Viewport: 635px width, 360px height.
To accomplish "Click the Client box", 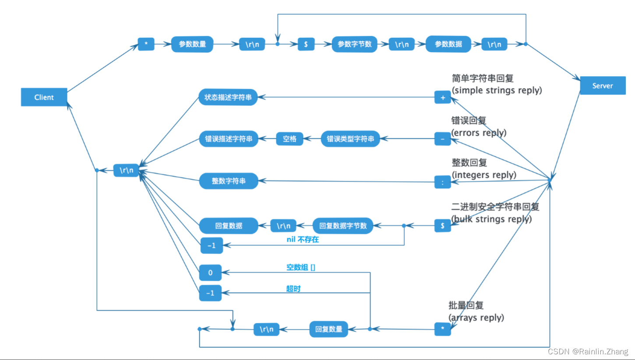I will tap(44, 97).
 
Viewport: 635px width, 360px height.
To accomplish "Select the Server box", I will tap(603, 86).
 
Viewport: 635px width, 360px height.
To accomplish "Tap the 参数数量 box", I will tap(192, 44).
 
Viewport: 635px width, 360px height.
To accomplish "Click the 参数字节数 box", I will tap(354, 44).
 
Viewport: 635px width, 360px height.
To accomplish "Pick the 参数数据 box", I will tap(448, 44).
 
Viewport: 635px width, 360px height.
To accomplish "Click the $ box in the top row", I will tap(306, 44).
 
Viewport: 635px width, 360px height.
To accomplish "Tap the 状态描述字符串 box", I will tap(228, 97).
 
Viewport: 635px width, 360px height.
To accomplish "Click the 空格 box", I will tap(289, 139).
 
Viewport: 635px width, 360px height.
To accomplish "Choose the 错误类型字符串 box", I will tap(350, 139).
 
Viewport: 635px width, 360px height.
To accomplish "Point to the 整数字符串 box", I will tap(228, 181).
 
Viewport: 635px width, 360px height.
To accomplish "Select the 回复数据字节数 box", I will tap(343, 226).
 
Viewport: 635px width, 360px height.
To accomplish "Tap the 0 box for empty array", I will tap(210, 273).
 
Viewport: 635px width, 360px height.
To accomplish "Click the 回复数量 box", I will tap(328, 329).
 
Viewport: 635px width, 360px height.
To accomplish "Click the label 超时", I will tap(293, 289).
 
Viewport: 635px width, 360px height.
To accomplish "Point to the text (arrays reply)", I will tap(476, 318).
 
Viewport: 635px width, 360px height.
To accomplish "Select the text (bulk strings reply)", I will tap(491, 219).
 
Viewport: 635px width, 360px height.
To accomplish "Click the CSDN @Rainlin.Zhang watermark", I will tap(588, 352).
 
